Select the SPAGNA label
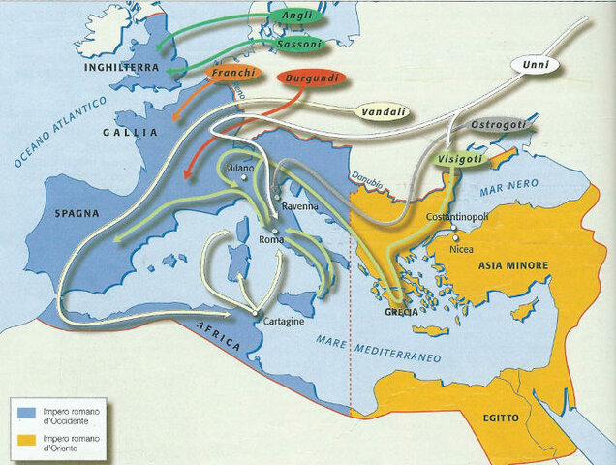(75, 212)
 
